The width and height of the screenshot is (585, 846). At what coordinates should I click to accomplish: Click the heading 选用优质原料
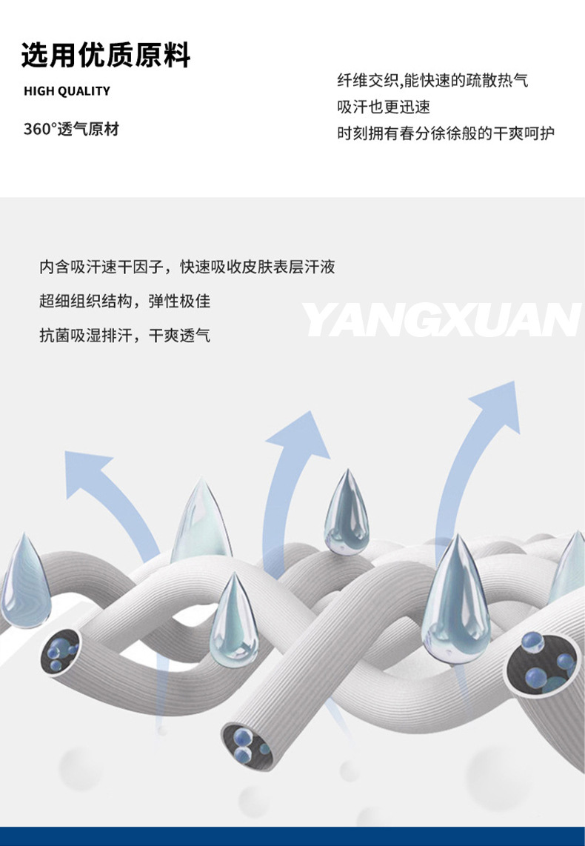[x=106, y=56]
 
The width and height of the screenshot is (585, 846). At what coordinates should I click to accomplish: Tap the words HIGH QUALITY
[x=67, y=91]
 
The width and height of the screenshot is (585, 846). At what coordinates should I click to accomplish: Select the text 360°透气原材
[x=71, y=129]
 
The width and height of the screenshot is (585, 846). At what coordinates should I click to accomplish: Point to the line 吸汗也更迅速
[x=384, y=107]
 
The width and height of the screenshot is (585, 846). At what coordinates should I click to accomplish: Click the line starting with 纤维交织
[x=432, y=81]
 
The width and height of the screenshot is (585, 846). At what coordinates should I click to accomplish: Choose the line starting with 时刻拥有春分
[x=446, y=133]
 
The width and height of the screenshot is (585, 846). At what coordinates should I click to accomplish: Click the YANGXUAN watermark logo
[x=441, y=320]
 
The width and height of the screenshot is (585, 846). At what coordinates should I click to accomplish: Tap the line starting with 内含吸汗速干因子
[x=187, y=267]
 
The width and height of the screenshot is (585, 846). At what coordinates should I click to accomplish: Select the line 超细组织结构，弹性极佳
[x=124, y=302]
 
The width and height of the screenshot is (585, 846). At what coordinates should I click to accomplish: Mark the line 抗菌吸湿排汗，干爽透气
[x=124, y=336]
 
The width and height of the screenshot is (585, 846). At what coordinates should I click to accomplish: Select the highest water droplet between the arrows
[x=347, y=512]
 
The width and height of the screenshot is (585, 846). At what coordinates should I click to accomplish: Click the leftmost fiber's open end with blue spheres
[x=60, y=650]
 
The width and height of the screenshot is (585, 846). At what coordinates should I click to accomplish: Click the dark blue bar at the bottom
[x=292, y=836]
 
